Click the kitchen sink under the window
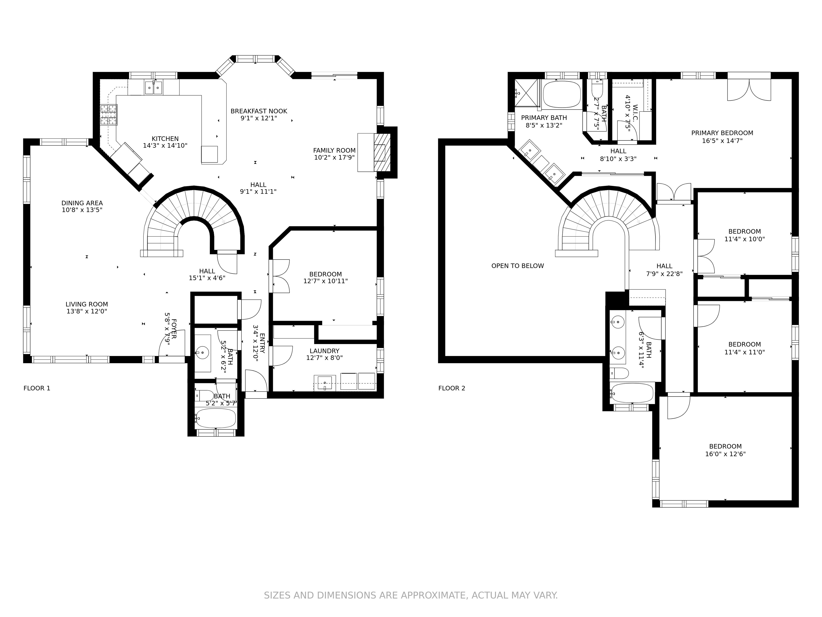[x=153, y=88]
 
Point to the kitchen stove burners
[x=109, y=115]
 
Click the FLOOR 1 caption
[x=37, y=388]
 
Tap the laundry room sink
[x=325, y=383]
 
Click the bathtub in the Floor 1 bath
[x=216, y=418]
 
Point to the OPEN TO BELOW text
[x=518, y=266]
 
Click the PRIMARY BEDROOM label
[x=722, y=133]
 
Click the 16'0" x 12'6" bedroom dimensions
[x=725, y=454]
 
